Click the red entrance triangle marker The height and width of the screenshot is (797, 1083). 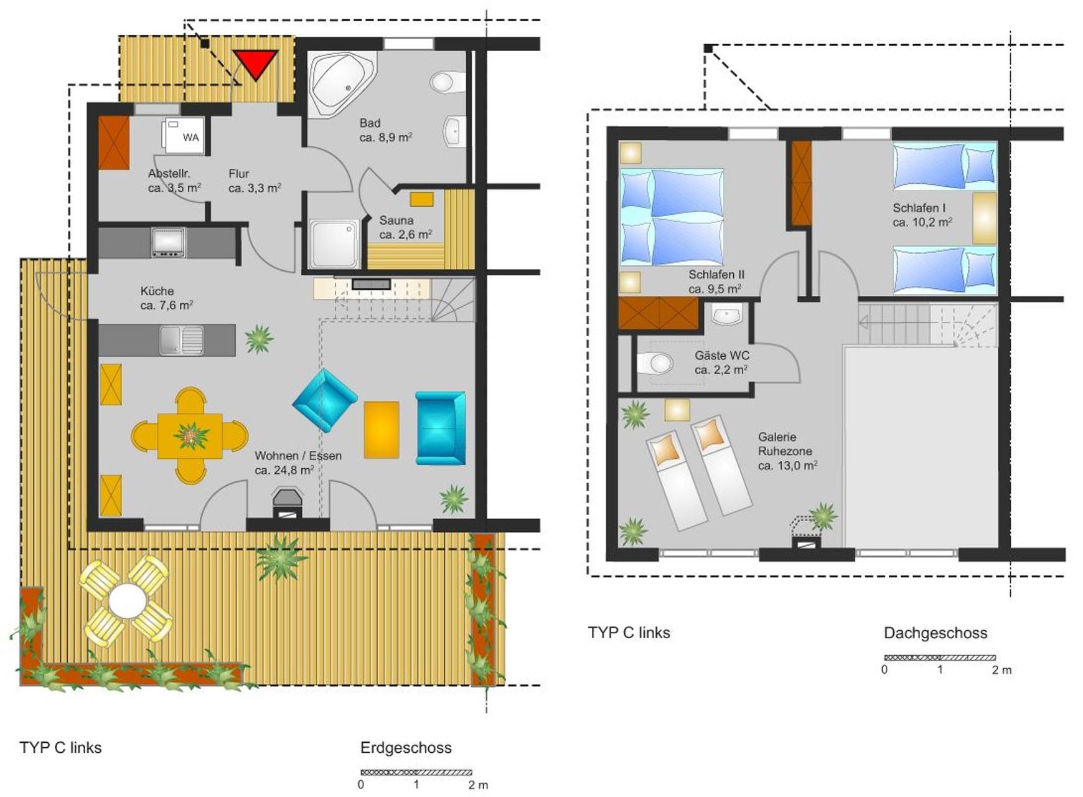pyautogui.click(x=255, y=63)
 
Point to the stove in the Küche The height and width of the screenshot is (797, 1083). pyautogui.click(x=168, y=243)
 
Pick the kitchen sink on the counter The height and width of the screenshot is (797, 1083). pyautogui.click(x=181, y=340)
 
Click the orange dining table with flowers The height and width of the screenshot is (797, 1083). pyautogui.click(x=190, y=436)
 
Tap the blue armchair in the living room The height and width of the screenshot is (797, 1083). pyautogui.click(x=325, y=400)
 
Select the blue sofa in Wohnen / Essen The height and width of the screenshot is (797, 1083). pyautogui.click(x=441, y=428)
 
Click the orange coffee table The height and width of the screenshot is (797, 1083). pyautogui.click(x=382, y=430)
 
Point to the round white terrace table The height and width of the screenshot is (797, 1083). pyautogui.click(x=128, y=600)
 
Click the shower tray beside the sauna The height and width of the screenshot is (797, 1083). pyautogui.click(x=334, y=243)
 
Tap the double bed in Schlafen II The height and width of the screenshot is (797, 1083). pyautogui.click(x=672, y=217)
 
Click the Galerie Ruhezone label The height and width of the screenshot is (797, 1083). pyautogui.click(x=787, y=451)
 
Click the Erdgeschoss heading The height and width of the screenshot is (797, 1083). pyautogui.click(x=406, y=748)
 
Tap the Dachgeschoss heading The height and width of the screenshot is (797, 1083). pyautogui.click(x=935, y=633)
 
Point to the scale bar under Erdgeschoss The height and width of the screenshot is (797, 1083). pyautogui.click(x=416, y=773)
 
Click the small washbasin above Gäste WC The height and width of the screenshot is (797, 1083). pyautogui.click(x=727, y=315)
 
